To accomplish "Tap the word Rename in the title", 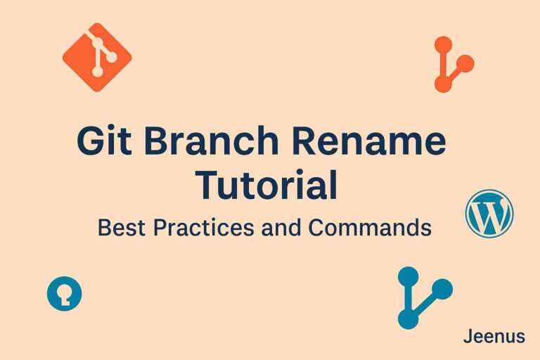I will [x=378, y=143].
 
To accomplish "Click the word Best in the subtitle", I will [x=121, y=228].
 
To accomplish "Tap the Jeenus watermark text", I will [x=494, y=337].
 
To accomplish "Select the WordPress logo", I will [x=489, y=213].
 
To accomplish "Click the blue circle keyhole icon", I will [x=65, y=293].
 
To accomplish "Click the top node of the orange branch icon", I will [x=443, y=45].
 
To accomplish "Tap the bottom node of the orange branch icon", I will [x=443, y=84].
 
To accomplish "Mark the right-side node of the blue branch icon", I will [x=442, y=288].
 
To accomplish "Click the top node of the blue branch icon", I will [x=409, y=276].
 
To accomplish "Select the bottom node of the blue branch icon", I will [x=409, y=319].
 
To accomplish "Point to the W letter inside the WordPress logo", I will [x=489, y=213].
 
